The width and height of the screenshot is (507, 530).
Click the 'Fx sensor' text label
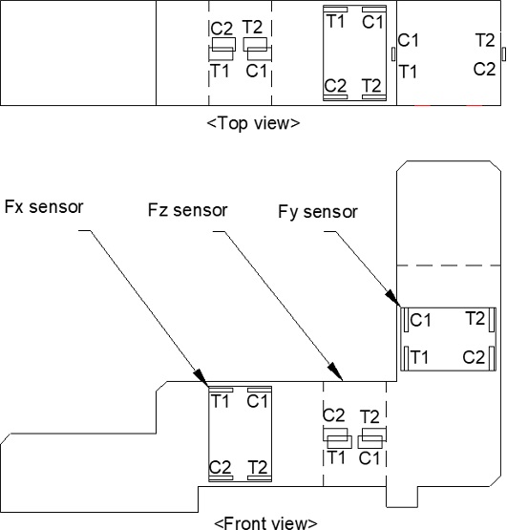tap(44, 206)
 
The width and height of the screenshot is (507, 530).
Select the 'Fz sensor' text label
tap(187, 209)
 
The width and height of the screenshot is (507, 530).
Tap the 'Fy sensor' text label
tap(318, 211)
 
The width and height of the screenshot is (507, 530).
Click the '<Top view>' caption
tap(253, 122)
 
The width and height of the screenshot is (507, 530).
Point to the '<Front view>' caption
tap(264, 522)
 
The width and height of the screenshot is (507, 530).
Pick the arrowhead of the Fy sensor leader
tap(394, 303)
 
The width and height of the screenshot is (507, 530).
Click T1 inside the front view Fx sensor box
tap(221, 401)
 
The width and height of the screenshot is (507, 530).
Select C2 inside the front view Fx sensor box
tap(221, 466)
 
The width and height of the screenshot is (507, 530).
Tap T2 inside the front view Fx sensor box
tap(257, 466)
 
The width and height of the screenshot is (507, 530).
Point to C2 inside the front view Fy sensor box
tap(475, 356)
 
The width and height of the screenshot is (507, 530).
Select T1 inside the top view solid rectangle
tap(336, 20)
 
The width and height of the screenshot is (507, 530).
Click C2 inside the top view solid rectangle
tap(336, 85)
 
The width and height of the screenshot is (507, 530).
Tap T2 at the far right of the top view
tap(485, 40)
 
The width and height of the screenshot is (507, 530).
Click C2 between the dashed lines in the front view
tap(334, 414)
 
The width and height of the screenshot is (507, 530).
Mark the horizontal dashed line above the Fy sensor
tap(449, 265)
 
